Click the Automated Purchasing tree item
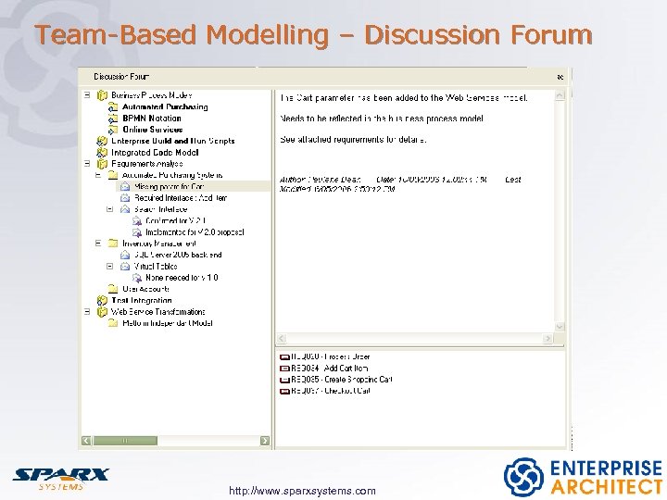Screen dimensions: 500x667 click(x=164, y=107)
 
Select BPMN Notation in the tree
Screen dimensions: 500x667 click(x=151, y=119)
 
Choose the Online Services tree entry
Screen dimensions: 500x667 click(x=152, y=130)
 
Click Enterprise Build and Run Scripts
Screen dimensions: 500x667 click(x=172, y=141)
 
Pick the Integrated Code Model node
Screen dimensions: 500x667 click(x=155, y=153)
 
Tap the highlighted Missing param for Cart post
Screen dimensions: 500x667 click(x=169, y=186)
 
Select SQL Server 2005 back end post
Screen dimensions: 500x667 click(x=178, y=255)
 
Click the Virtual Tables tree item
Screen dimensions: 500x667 click(x=155, y=266)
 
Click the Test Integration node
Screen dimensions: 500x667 click(x=141, y=300)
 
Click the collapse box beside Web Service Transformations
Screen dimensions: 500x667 click(x=88, y=312)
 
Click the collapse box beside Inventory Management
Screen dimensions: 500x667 click(x=99, y=244)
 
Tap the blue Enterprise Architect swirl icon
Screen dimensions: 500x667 click(x=523, y=477)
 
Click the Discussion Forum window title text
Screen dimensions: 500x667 click(x=120, y=77)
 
